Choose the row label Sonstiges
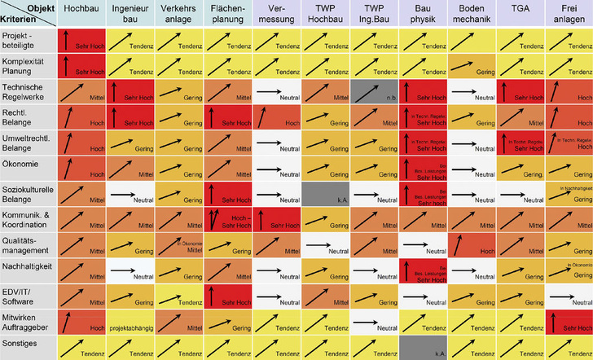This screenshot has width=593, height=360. (x=20, y=345)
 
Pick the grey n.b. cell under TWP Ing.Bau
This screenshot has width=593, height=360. (x=375, y=90)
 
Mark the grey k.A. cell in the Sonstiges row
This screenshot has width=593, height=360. (x=424, y=347)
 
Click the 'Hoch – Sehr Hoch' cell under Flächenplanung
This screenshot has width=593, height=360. (x=228, y=218)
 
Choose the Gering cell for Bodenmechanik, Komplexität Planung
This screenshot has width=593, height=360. (x=472, y=65)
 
